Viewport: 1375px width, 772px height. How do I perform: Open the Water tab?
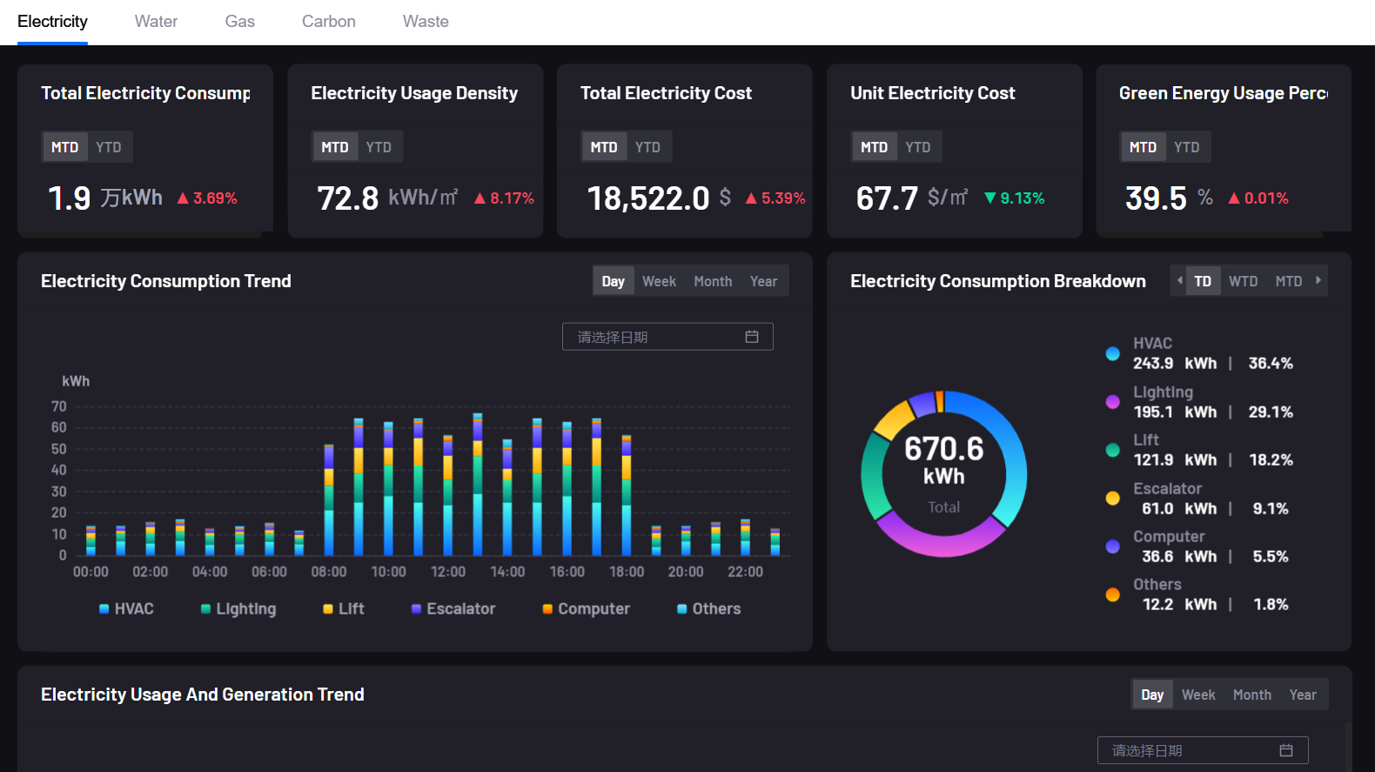click(x=156, y=22)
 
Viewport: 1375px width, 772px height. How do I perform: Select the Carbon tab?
click(x=328, y=22)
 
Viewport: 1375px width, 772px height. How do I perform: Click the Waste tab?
click(x=426, y=22)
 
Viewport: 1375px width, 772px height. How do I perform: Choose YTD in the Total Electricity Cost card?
click(x=647, y=147)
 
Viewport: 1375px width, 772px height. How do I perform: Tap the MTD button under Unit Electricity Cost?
click(x=874, y=147)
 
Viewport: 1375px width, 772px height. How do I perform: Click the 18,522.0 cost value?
click(x=648, y=198)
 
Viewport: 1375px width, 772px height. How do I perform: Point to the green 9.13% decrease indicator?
click(x=1015, y=198)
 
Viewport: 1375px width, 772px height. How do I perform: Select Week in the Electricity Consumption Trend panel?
click(x=659, y=281)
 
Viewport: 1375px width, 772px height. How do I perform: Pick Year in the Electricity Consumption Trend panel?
click(x=763, y=281)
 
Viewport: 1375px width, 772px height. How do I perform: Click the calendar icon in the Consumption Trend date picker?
click(x=752, y=337)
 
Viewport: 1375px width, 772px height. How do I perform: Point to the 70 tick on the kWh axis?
click(x=59, y=406)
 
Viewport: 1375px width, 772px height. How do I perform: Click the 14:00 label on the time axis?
click(x=507, y=572)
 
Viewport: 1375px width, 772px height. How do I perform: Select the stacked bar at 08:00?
click(x=329, y=500)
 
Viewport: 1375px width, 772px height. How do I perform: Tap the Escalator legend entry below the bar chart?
click(x=453, y=609)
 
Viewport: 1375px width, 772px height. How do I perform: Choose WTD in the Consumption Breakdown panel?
click(x=1243, y=281)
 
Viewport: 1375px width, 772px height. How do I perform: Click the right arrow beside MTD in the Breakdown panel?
click(x=1318, y=280)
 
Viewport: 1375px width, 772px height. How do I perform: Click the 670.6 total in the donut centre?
click(x=943, y=449)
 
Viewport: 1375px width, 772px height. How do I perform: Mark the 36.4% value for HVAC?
click(x=1271, y=364)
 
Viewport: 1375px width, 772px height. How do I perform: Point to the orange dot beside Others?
click(x=1112, y=595)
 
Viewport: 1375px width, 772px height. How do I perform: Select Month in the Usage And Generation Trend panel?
click(x=1251, y=695)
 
